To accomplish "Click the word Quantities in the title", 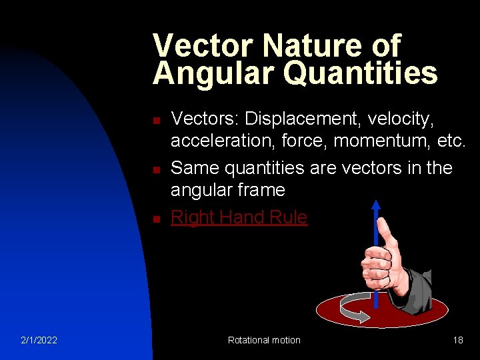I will (361, 74).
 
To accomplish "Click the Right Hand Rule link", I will (239, 217).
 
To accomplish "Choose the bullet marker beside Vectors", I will (155, 121).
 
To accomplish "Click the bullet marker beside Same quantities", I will (155, 170).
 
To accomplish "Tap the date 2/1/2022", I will (39, 340).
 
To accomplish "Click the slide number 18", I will (458, 340).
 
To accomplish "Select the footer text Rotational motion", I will (264, 340).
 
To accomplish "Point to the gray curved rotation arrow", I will (353, 308).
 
